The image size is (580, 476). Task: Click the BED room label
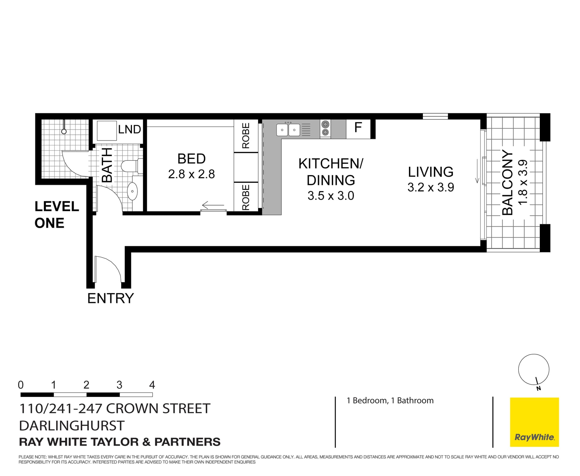pos(191,159)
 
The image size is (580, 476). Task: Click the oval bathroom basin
pos(132,191)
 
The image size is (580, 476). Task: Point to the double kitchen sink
pos(288,130)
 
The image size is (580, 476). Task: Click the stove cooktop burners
pos(325,129)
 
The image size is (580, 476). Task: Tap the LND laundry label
pos(129,129)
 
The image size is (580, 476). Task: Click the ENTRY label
pos(110,299)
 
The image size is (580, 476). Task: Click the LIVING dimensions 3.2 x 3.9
pos(430,187)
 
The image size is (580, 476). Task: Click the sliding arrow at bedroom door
pos(213,206)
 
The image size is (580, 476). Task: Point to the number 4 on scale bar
pos(152,385)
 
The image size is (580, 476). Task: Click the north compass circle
pos(533,370)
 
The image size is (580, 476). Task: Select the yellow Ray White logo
pos(534,422)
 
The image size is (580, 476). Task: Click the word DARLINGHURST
pos(72,426)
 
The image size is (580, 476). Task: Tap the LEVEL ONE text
pos(56,215)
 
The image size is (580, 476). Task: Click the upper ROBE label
pos(246,135)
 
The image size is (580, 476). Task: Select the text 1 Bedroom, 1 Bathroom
pos(390,400)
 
